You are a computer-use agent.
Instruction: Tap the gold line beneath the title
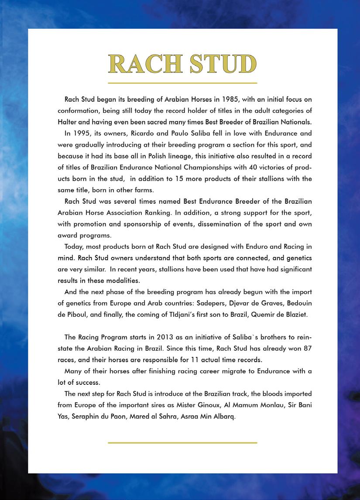[x=182, y=83]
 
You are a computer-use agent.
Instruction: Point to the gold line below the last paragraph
[x=182, y=442]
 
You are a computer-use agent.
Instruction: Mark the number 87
[x=307, y=348]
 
